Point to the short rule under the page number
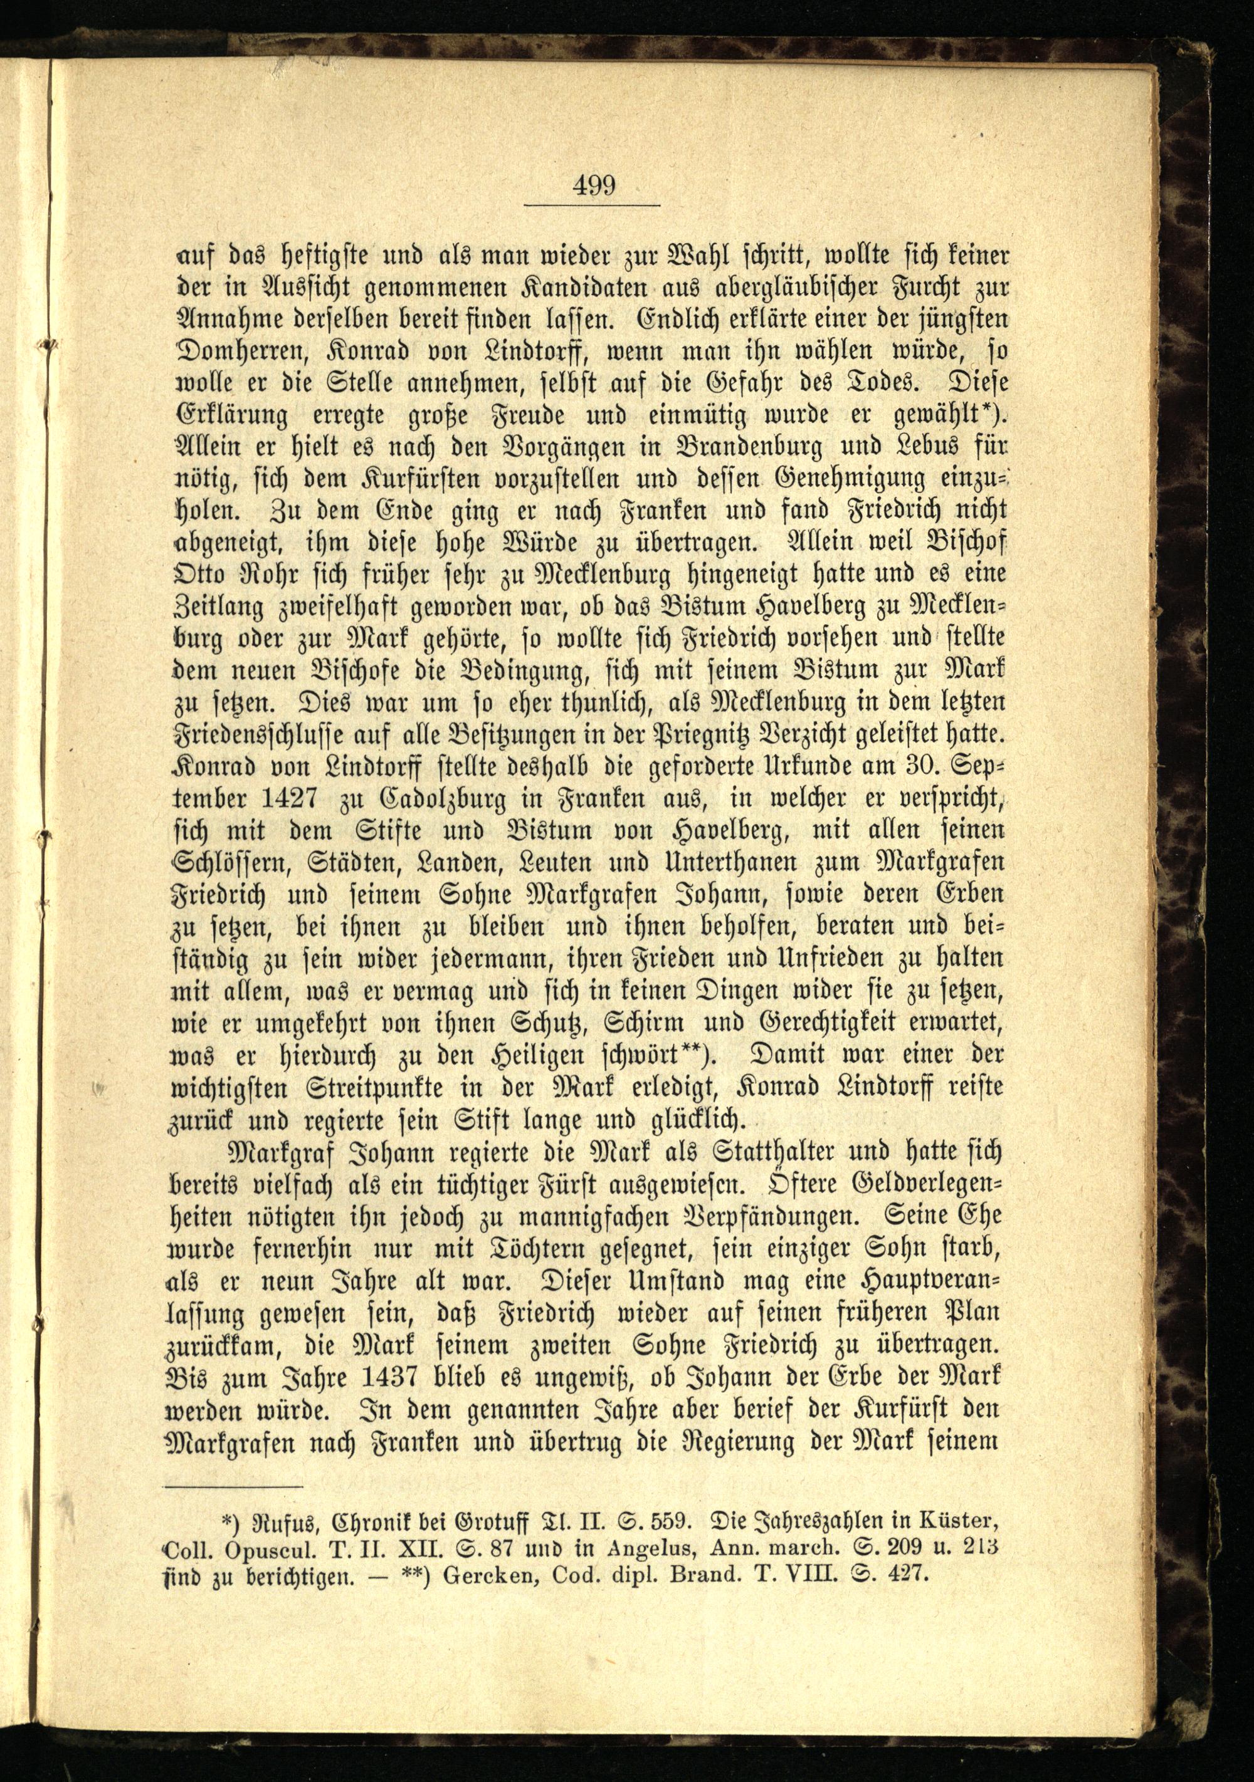[592, 205]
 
